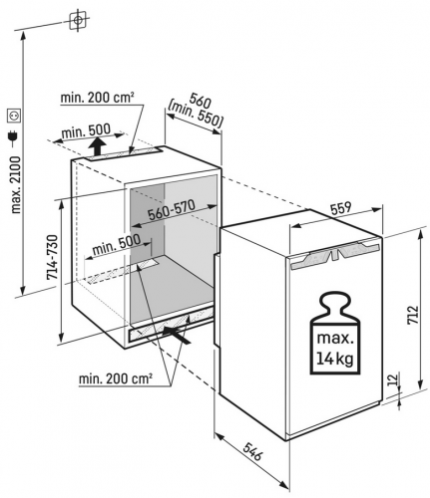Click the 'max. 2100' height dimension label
coord(16,185)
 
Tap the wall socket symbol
coord(15,116)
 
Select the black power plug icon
coord(14,137)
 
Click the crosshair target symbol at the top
coord(78,20)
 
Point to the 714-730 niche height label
coord(53,257)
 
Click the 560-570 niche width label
coord(172,210)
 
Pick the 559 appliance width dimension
coord(341,208)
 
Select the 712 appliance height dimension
coord(412,315)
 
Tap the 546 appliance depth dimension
coord(252,451)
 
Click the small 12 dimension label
coord(392,378)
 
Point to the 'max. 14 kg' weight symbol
coord(335,334)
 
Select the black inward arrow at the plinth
coord(177,334)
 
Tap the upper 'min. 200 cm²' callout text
coord(97,98)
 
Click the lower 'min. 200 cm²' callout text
coord(116,378)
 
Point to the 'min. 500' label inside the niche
coord(116,245)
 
